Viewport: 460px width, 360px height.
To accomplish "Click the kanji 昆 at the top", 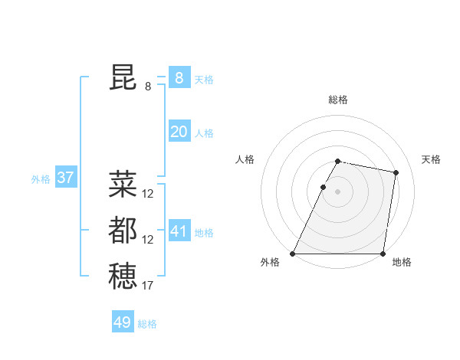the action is [123, 77].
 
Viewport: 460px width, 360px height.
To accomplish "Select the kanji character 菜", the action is [123, 185].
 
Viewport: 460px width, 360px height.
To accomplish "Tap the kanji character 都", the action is [123, 231].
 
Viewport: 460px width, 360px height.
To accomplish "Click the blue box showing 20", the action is [179, 132].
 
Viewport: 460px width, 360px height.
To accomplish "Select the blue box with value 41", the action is [179, 231].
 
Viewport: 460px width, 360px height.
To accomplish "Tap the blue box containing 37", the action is [65, 178].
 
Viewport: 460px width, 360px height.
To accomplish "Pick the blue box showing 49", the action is [123, 322].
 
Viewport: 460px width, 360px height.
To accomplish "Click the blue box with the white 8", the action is [179, 77].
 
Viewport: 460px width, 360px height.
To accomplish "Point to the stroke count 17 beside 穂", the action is [147, 286].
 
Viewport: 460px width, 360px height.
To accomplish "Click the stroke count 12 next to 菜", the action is [147, 194].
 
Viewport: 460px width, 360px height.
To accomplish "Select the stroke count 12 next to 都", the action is [147, 240].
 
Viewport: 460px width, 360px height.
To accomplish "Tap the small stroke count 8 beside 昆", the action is [148, 87].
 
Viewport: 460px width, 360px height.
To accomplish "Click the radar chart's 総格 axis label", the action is [338, 100].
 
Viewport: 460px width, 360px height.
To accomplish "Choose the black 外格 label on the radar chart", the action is [270, 263].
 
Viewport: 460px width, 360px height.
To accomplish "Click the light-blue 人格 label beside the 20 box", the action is [204, 133].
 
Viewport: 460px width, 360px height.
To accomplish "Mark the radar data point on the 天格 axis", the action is [396, 173].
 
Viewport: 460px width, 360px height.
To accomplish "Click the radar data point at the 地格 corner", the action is [383, 254].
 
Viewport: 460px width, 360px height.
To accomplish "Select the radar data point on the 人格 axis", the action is [324, 187].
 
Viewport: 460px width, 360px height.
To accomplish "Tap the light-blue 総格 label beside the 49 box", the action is [147, 324].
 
